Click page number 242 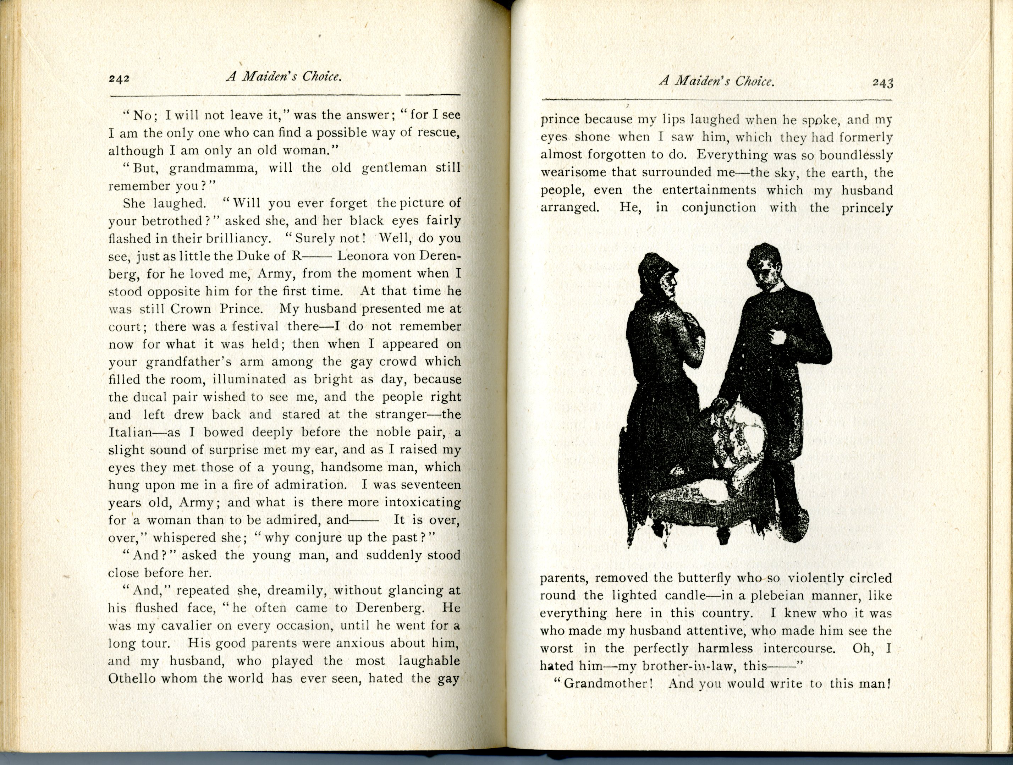(x=119, y=78)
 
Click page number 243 (x=883, y=83)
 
